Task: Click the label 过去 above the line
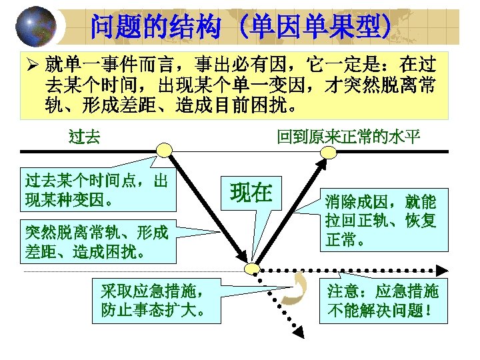[85, 138]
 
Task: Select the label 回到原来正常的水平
[349, 138]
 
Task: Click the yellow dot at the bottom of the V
[251, 269]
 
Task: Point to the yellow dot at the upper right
[326, 152]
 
